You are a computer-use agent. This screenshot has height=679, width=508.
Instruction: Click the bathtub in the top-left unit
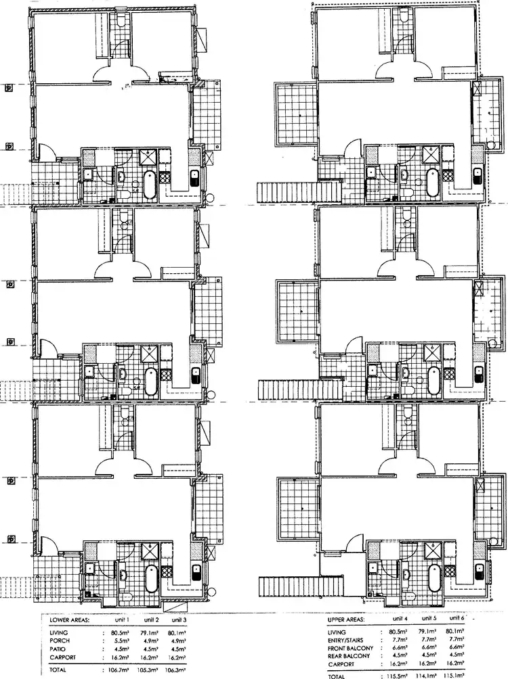tap(150, 183)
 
